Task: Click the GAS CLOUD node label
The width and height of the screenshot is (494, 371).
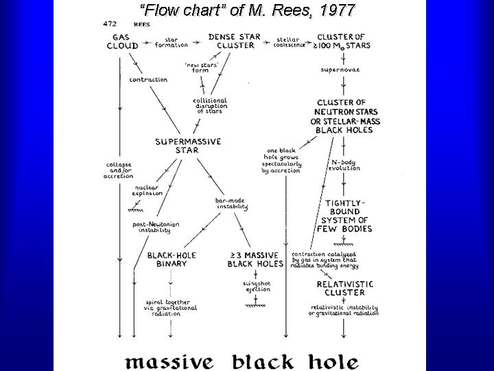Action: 123,41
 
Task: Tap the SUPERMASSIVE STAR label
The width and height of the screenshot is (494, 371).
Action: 187,145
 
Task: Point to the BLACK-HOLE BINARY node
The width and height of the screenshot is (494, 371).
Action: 172,259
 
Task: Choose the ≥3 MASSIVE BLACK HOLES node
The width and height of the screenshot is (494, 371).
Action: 256,259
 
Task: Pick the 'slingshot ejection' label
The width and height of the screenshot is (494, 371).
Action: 255,285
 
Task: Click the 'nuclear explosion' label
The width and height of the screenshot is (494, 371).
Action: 149,190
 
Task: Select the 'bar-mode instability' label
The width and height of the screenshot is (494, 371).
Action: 231,203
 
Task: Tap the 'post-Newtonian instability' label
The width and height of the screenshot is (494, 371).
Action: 154,227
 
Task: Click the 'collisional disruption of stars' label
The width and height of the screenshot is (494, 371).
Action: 210,105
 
